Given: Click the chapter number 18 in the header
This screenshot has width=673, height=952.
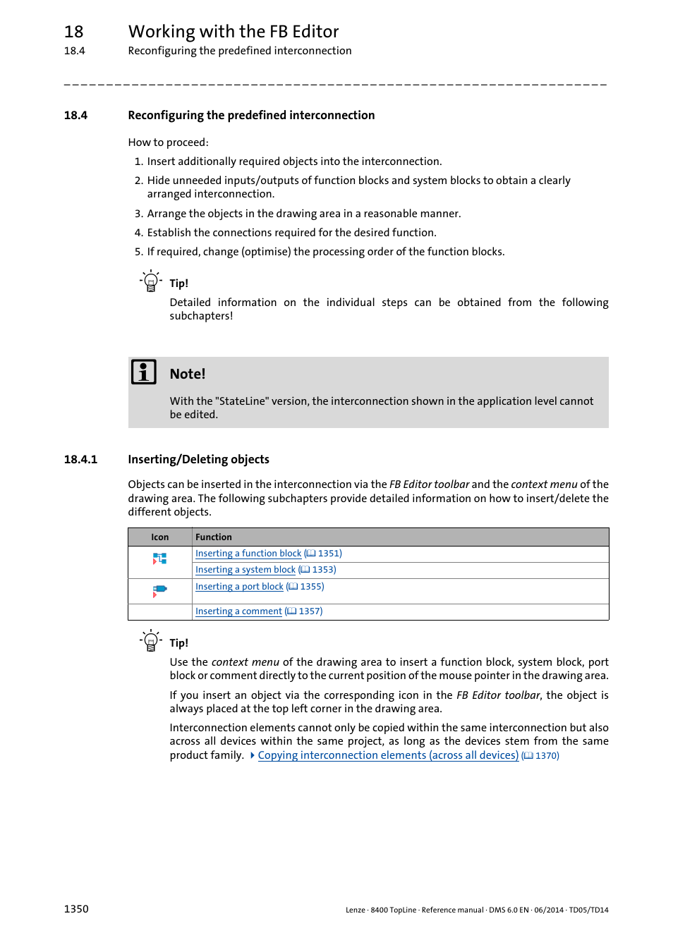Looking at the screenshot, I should pos(73,32).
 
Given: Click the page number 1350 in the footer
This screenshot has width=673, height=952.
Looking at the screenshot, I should pos(76,909).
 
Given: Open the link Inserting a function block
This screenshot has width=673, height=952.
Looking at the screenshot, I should pos(248,554).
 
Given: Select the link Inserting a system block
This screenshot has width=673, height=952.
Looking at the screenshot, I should pos(245,570).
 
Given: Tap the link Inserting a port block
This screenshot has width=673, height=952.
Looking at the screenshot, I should pos(239,587).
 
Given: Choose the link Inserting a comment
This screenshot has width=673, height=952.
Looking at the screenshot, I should pos(238,611).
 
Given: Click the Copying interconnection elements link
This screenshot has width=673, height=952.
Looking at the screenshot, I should pos(387,755).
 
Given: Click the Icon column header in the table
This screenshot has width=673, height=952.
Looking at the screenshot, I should pos(159,537).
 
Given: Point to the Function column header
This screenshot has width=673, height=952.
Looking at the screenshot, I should pos(213,537).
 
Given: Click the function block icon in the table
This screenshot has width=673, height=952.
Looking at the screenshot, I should pos(160,559).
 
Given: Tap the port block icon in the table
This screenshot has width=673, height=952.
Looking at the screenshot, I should pos(160,590).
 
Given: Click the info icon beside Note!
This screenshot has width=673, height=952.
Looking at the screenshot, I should pos(144,372).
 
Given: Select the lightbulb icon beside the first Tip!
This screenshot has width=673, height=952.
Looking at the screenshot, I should pos(150,281).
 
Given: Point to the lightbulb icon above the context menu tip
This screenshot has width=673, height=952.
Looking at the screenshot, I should pos(150,640).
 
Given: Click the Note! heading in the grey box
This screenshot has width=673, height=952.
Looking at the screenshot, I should pos(188,374).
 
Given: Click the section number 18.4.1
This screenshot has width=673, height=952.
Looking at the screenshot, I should pos(80,460).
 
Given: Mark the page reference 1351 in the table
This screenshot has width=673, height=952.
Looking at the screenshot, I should pos(329,554).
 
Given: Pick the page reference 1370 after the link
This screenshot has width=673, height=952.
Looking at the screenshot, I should pos(546,756).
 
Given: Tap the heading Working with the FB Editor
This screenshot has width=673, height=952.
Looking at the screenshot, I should pos(234,32).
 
